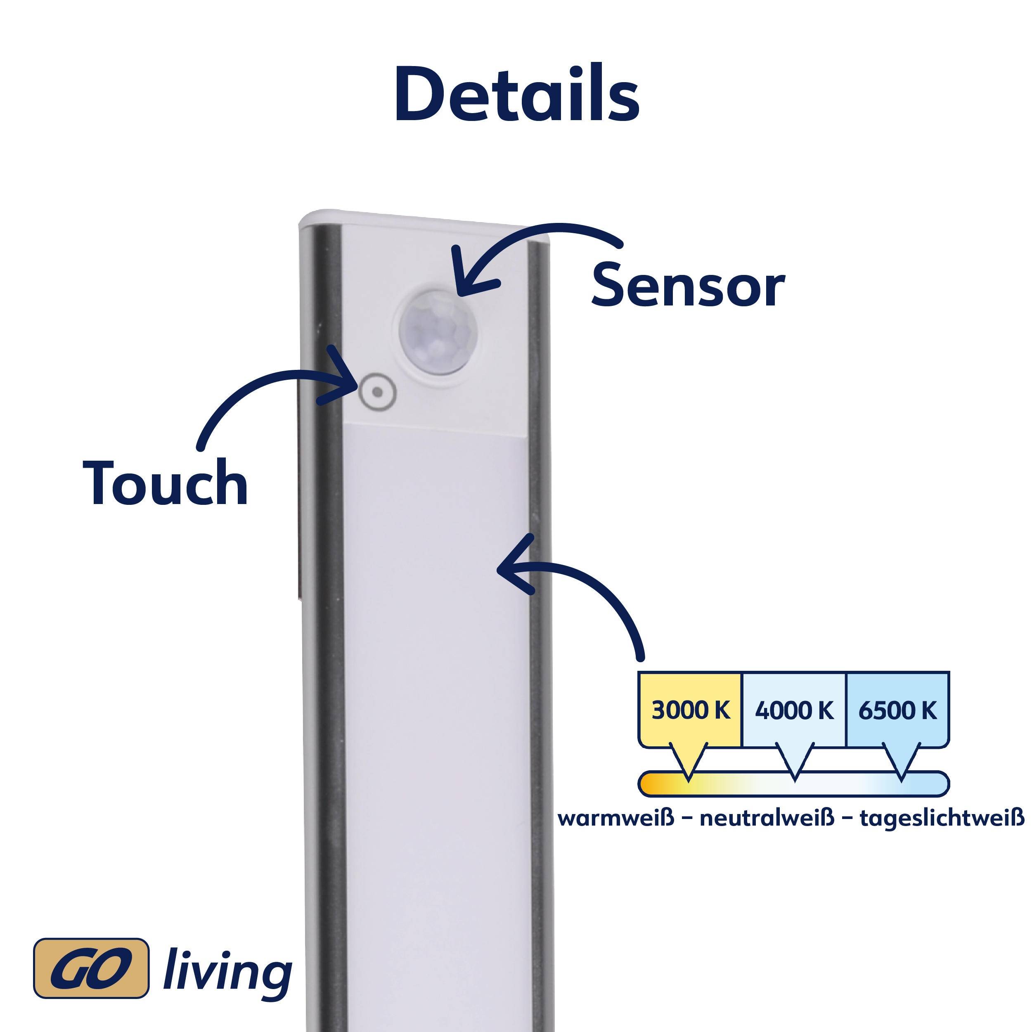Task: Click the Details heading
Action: (516, 95)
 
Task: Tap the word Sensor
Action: (687, 287)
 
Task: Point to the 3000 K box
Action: (690, 710)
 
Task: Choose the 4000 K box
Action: (794, 710)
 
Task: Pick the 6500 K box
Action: (897, 710)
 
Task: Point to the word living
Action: (227, 970)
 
